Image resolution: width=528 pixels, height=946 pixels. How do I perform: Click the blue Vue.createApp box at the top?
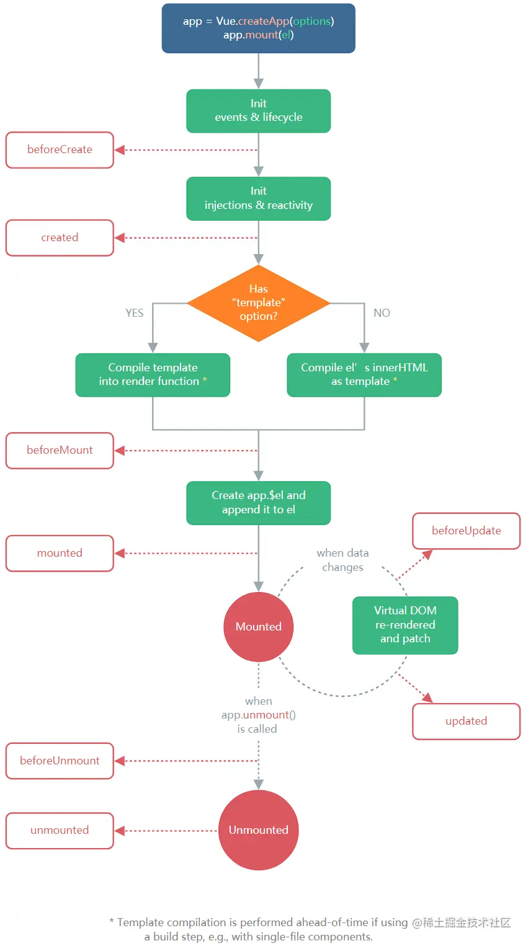click(258, 29)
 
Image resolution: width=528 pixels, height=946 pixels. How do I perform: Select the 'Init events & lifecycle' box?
click(258, 111)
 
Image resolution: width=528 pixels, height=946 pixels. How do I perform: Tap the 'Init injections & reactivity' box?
click(258, 198)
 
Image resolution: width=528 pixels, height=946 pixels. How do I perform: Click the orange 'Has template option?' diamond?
click(258, 303)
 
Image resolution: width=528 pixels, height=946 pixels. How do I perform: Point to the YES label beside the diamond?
click(135, 313)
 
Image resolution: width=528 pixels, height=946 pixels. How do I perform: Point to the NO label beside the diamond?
click(382, 313)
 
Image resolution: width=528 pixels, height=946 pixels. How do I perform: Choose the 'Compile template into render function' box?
click(153, 375)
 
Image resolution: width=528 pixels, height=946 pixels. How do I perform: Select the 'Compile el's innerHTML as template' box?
click(364, 375)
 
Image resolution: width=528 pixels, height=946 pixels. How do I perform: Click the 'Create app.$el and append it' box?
click(258, 503)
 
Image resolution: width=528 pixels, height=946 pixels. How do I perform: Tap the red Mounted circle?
click(258, 627)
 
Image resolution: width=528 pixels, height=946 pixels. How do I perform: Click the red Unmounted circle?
click(258, 830)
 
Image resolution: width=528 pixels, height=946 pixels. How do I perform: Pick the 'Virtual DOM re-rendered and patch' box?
click(405, 625)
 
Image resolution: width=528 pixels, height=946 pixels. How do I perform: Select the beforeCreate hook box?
click(60, 150)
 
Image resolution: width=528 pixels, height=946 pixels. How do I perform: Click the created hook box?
click(60, 238)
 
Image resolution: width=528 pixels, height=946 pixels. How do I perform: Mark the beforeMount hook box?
click(60, 451)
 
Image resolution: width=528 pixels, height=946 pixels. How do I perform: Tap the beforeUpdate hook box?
click(466, 531)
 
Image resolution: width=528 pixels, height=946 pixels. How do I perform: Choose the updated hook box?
click(466, 721)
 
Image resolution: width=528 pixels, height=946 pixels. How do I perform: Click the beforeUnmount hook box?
click(60, 761)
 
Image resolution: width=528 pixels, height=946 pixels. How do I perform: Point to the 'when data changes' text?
click(342, 560)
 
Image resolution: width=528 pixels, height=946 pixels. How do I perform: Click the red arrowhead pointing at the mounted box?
click(120, 553)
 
